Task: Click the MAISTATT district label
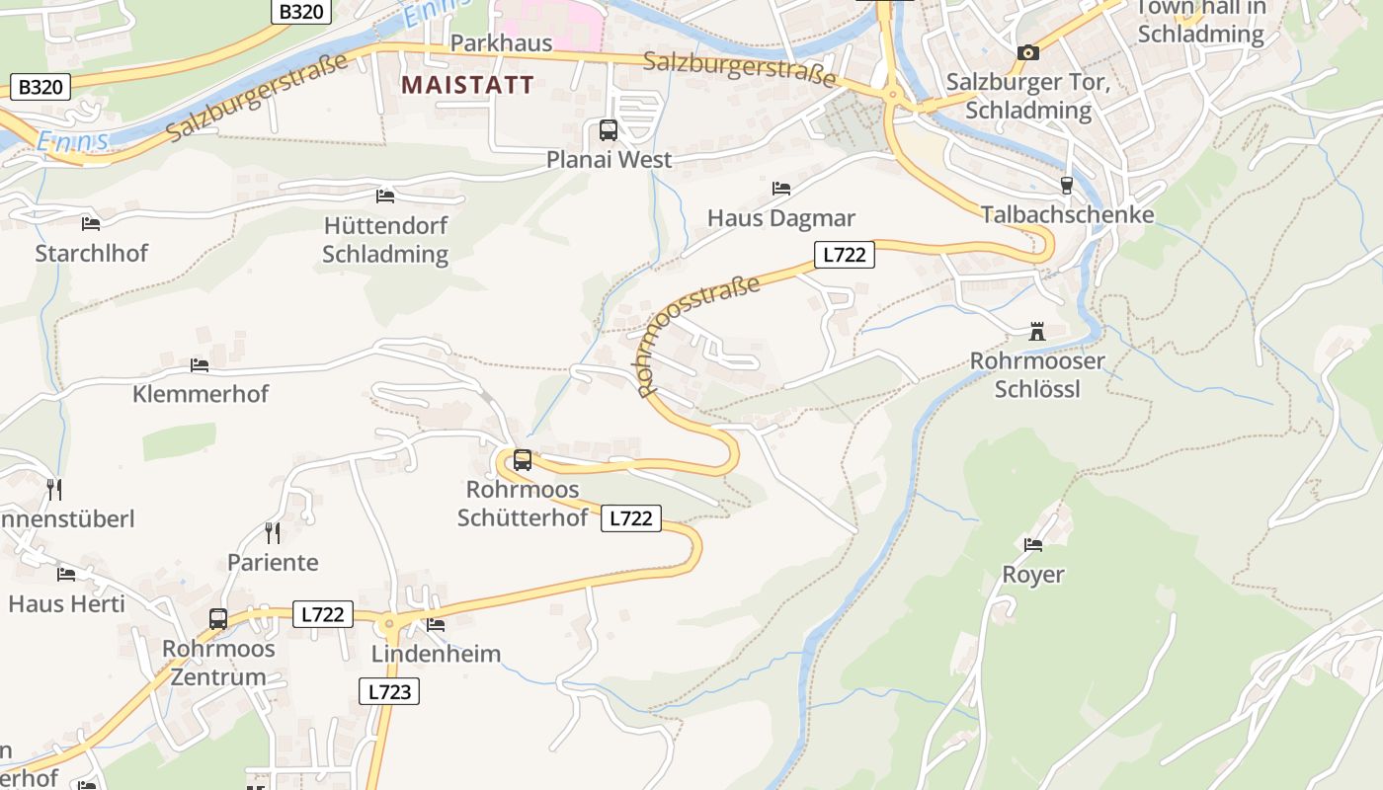tap(467, 85)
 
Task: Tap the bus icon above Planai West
tap(609, 130)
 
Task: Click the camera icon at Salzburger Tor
tap(1028, 52)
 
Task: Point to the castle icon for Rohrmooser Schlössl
tap(1037, 332)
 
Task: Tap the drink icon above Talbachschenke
tap(1066, 185)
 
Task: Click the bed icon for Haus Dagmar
tap(781, 188)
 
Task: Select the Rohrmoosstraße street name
tap(699, 336)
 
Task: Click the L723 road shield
tap(389, 691)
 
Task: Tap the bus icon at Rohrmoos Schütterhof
tap(523, 460)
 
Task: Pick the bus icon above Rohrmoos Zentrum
tap(218, 619)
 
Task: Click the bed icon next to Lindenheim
tap(436, 624)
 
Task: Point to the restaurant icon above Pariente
tap(273, 533)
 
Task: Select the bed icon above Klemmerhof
tap(200, 365)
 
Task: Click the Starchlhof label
tap(92, 253)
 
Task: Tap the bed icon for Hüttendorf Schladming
tap(385, 197)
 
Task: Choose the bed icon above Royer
tap(1033, 544)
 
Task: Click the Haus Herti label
tap(67, 602)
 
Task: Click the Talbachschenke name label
tap(1067, 214)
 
